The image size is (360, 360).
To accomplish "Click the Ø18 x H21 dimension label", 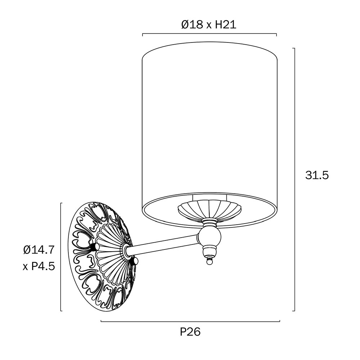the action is click(209, 24).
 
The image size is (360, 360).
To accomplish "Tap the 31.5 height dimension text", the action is click(317, 175).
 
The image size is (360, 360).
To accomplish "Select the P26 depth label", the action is click(190, 332).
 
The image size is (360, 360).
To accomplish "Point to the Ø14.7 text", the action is click(39, 250).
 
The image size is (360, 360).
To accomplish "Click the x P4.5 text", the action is click(39, 266).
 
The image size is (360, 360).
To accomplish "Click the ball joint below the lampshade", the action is click(209, 236).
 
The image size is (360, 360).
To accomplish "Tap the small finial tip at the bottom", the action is click(209, 261).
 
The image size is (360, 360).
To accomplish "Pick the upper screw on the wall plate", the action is click(95, 247).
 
